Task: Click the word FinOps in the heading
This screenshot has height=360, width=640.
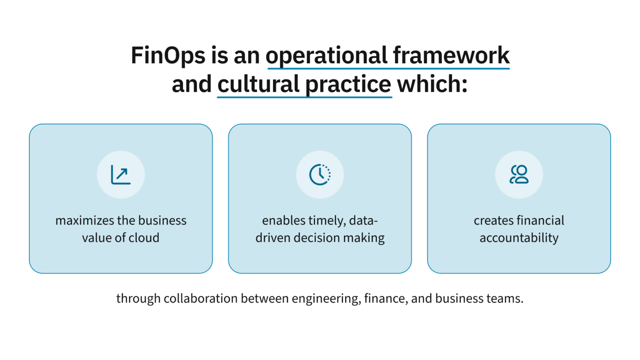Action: pos(168,55)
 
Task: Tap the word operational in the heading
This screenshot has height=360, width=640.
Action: pos(327,55)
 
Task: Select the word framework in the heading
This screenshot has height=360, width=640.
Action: pos(451,55)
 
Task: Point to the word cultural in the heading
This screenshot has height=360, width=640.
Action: pos(258,84)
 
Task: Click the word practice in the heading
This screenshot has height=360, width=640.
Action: pos(348,84)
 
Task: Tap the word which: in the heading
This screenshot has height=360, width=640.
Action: pos(432,84)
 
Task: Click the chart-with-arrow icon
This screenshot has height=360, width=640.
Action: pos(121,175)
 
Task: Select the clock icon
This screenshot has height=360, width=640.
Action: pos(320,175)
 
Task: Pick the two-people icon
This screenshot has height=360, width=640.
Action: pos(519,175)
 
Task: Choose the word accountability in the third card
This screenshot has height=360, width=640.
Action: pos(519,238)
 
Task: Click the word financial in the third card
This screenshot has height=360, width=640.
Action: pos(541,220)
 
